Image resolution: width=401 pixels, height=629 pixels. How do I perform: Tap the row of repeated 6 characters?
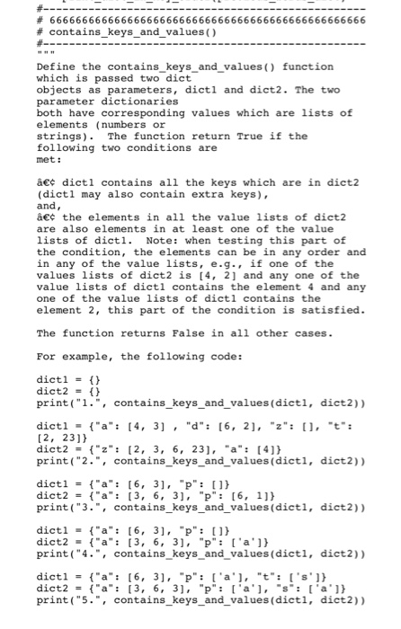coord(207,19)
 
